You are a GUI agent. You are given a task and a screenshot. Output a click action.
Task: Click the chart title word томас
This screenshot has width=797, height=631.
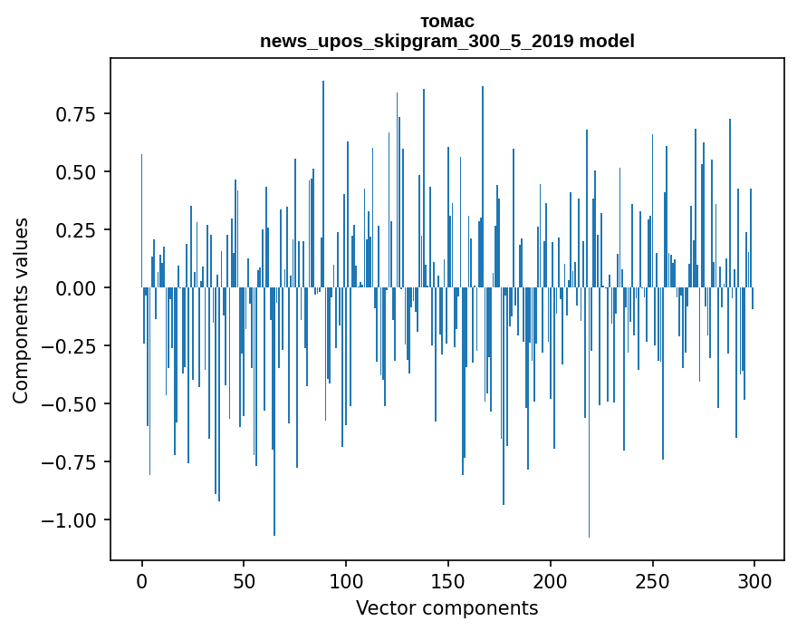pyautogui.click(x=447, y=21)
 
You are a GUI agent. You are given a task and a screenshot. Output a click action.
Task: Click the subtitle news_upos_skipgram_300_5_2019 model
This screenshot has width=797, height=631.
pyautogui.click(x=447, y=41)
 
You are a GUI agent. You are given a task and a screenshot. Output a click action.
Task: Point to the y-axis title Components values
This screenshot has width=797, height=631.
pyautogui.click(x=21, y=310)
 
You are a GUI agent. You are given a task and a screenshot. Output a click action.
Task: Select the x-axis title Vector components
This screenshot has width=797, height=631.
pyautogui.click(x=447, y=608)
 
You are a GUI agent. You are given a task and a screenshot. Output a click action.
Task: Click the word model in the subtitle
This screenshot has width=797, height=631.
pyautogui.click(x=608, y=41)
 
